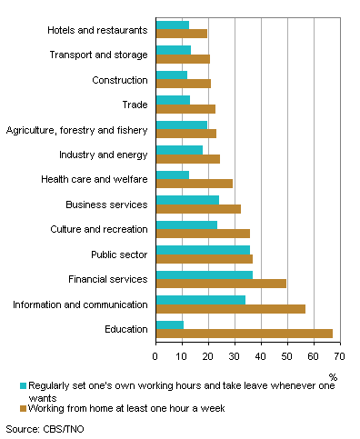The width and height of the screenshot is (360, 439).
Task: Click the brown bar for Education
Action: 244,334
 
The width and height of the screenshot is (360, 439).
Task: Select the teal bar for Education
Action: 169,324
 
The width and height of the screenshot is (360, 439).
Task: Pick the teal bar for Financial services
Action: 204,274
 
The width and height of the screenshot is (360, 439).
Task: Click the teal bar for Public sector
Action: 203,249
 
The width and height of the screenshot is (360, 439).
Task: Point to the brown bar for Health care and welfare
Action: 194,184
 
